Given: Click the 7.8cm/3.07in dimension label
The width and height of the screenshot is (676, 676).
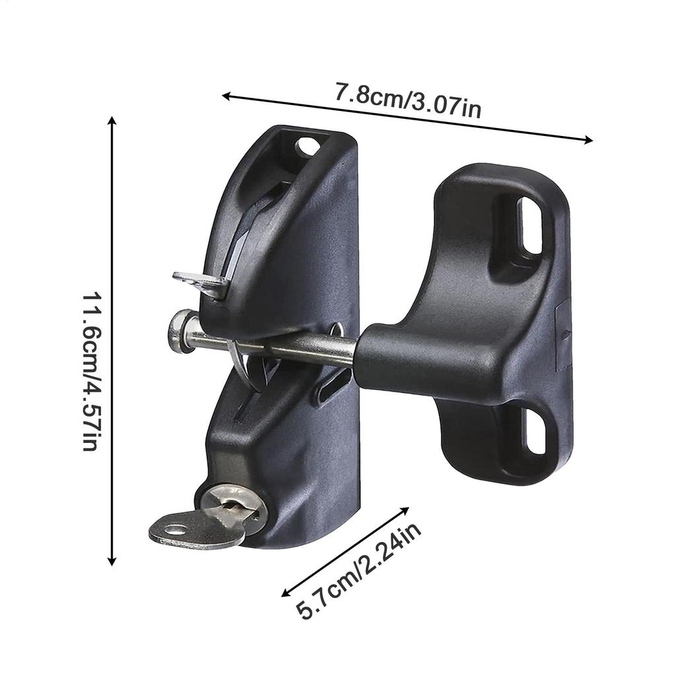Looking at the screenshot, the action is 407,100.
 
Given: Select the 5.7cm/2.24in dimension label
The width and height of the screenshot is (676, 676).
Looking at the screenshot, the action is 358,572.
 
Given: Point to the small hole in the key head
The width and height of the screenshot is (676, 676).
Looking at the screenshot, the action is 174,529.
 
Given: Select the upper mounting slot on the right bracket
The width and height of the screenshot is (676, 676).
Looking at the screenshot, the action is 529,225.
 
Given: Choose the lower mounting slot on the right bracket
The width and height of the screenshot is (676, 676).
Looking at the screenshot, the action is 535,431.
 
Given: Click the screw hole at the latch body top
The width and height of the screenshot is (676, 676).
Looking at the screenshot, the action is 308,147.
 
